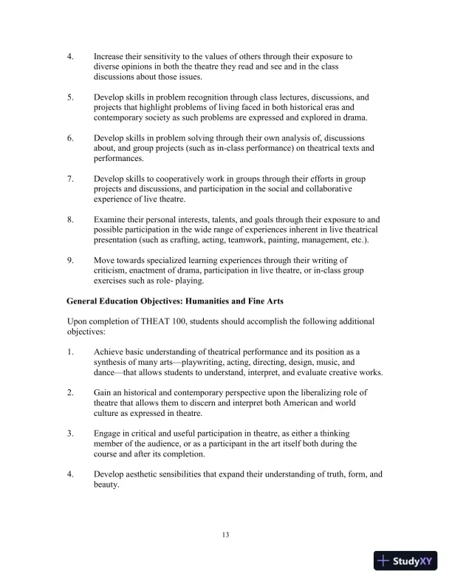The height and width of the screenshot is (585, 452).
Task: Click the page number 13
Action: (x=226, y=534)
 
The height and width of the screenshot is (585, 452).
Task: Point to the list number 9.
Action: (x=70, y=260)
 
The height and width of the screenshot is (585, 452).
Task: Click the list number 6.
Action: (x=70, y=138)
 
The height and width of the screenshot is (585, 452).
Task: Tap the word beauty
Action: (x=108, y=484)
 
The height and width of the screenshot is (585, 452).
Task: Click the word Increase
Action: (x=111, y=56)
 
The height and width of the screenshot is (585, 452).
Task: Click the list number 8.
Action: (x=70, y=219)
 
